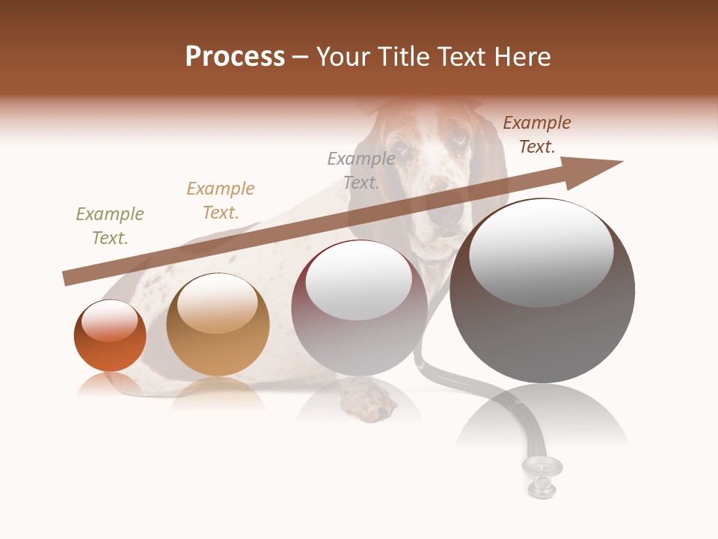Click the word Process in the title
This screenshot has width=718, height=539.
235,57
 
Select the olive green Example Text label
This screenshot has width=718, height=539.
110,226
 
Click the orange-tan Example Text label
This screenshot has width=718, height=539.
221,201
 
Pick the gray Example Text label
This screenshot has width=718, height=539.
361,171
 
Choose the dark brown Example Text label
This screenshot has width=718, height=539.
537,135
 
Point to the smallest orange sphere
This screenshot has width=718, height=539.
110,337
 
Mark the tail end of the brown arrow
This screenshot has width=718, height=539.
69,278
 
